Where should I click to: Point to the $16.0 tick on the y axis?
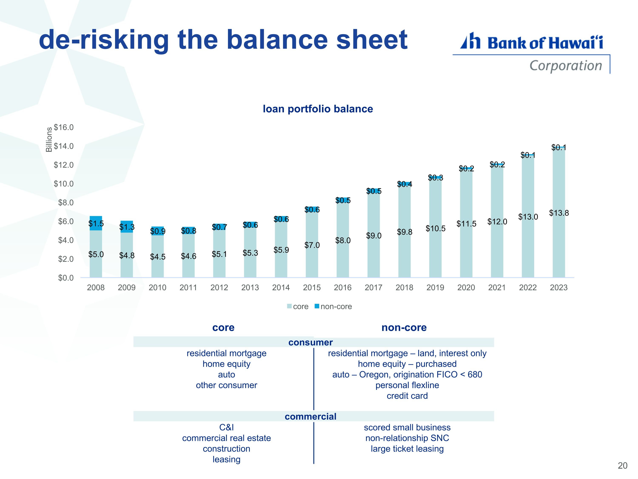[x=64, y=127]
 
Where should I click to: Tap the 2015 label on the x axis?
[x=312, y=288]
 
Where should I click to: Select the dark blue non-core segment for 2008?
[x=96, y=223]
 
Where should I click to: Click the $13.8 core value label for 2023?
[x=559, y=213]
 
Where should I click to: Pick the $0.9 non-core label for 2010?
[x=158, y=231]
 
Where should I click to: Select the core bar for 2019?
[x=435, y=228]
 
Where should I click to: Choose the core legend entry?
[x=298, y=307]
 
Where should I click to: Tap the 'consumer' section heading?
[x=311, y=342]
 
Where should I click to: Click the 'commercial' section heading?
[x=311, y=416]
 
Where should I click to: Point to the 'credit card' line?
[x=407, y=396]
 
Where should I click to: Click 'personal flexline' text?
[x=407, y=385]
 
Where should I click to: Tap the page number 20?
[x=622, y=466]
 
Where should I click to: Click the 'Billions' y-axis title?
[x=49, y=139]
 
